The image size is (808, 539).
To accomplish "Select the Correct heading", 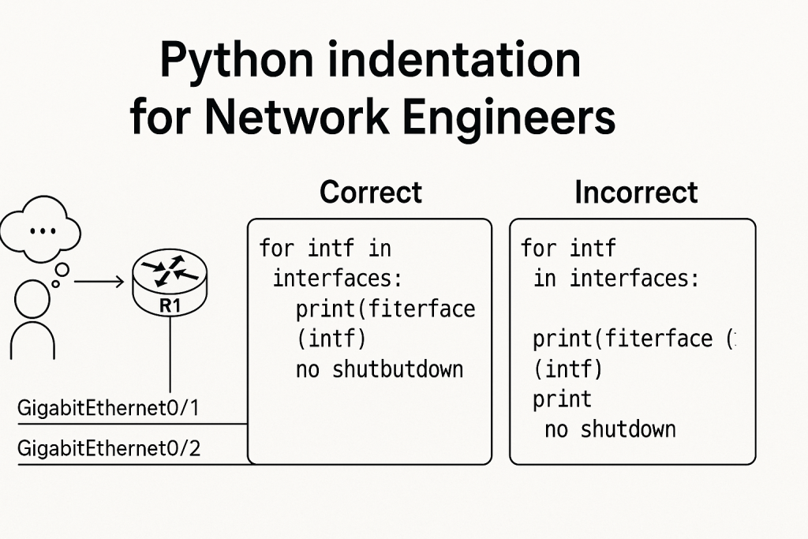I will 371,193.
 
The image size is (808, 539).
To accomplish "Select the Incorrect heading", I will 636,193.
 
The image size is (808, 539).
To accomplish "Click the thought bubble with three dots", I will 40,230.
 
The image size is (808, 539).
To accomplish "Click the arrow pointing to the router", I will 99,281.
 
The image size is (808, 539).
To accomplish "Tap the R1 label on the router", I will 170,307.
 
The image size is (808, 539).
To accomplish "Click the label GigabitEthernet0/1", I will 108,410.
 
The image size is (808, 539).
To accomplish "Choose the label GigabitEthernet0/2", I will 108,450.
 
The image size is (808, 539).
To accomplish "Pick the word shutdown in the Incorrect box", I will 628,429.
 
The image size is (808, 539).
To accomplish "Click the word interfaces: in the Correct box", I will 332,279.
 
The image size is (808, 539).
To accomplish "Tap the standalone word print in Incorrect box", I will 562,399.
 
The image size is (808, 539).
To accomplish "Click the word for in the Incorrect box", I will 539,249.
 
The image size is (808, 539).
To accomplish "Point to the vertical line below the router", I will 170,355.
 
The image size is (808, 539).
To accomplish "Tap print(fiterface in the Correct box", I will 385,309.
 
